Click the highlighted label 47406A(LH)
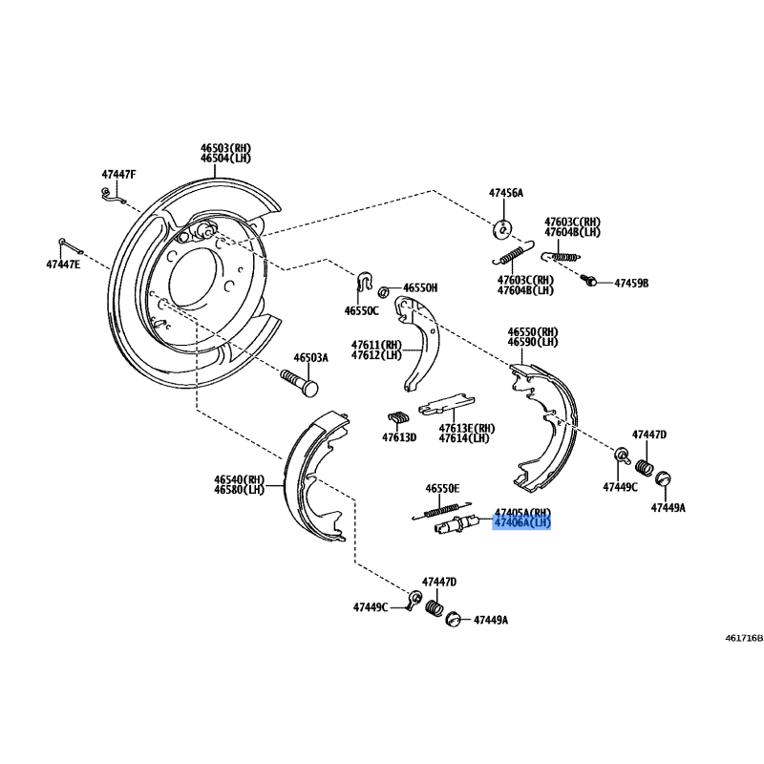(x=521, y=522)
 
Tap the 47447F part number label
(x=118, y=174)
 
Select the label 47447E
(x=63, y=265)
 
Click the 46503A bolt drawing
(x=299, y=383)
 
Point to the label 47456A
(x=506, y=193)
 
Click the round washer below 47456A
(x=502, y=229)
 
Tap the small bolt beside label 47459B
(x=588, y=280)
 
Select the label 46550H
(x=420, y=288)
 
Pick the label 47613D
(x=399, y=437)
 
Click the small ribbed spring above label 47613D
(x=398, y=418)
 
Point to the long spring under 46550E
(x=441, y=511)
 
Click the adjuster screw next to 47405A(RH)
(x=457, y=525)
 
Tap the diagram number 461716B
(x=744, y=638)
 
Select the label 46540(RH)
(x=240, y=479)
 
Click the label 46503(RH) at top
(x=226, y=148)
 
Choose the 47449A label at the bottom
(x=491, y=620)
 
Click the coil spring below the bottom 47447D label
(x=435, y=607)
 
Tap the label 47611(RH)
(x=376, y=345)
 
